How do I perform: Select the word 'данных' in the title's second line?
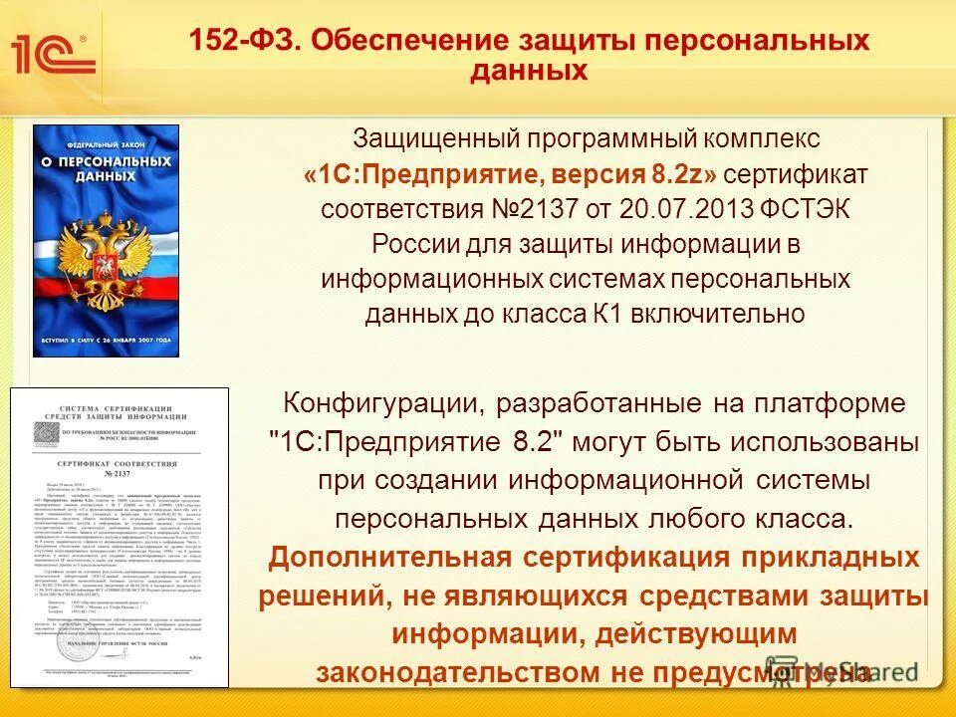coord(529,71)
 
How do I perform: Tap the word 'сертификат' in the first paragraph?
coord(797,175)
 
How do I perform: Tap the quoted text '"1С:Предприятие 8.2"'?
coord(417,442)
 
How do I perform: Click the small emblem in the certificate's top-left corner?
coord(46,432)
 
